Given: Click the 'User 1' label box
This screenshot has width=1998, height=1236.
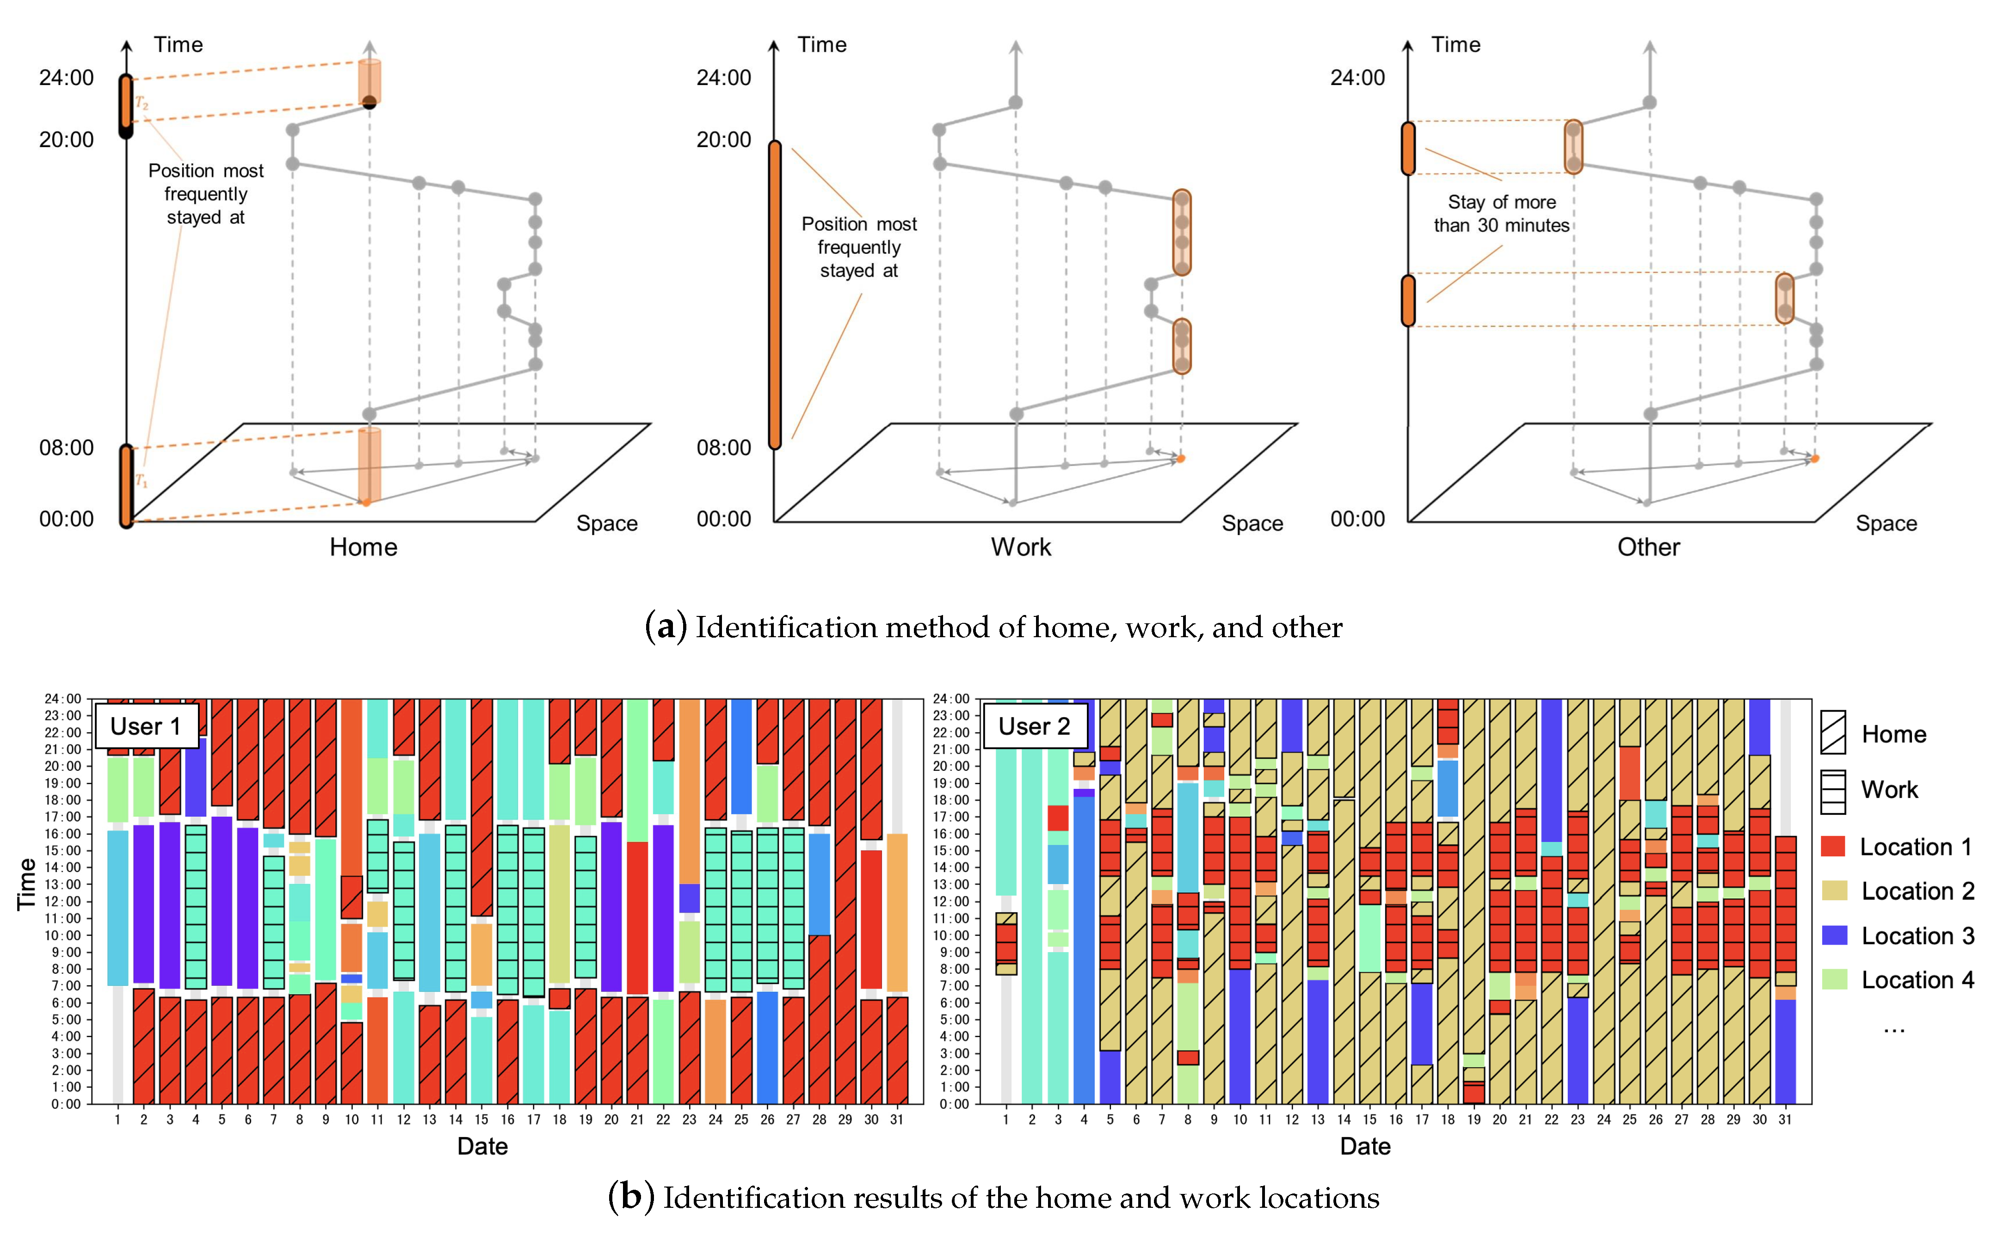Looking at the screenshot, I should pos(146,726).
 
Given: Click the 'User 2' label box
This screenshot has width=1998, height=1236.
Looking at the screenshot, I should pos(1034,726).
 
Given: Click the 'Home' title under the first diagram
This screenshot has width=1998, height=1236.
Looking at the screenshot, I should pos(363,547).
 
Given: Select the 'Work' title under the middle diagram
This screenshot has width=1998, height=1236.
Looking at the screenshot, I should pos(1020,547).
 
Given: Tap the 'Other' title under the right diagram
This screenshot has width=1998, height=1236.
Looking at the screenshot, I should pos(1648,547).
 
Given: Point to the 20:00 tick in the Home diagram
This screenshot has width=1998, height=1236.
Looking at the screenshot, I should pos(66,140).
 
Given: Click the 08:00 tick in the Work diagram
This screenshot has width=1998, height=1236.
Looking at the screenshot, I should pos(723,448).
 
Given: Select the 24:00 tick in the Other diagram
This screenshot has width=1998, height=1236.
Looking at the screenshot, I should pos(1357,78).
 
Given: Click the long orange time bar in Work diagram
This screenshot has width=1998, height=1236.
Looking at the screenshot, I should pos(774,294).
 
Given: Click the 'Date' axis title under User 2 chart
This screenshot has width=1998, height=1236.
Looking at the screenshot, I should pos(1364,1146).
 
